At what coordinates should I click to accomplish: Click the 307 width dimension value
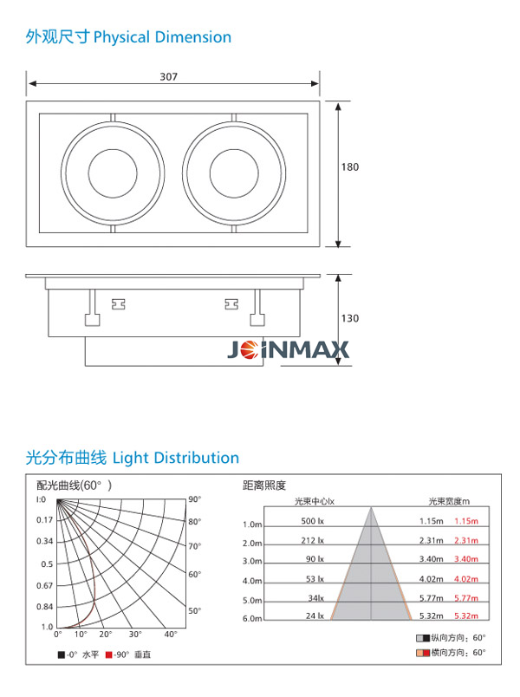click(168, 76)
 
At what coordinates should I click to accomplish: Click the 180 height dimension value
click(350, 167)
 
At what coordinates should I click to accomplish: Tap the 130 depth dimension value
click(350, 318)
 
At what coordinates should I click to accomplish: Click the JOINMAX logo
click(288, 349)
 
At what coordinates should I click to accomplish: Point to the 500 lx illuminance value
click(313, 521)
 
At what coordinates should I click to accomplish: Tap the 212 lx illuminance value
click(313, 541)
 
